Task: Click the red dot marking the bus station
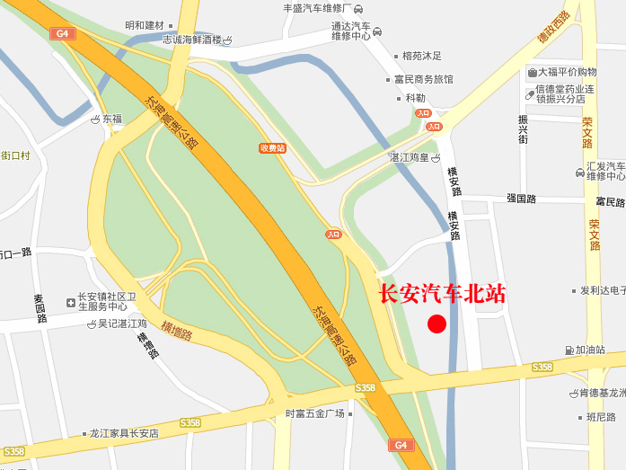tap(436, 324)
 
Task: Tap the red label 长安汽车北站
tap(443, 294)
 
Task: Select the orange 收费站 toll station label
tap(272, 147)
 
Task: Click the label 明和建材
tap(150, 25)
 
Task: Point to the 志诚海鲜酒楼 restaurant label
tap(191, 40)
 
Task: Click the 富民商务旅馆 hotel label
tap(424, 79)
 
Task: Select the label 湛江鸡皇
tap(410, 157)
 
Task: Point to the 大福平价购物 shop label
tap(568, 72)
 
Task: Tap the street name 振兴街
tap(523, 129)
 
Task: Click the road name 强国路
tap(521, 199)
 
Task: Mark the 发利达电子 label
tap(602, 290)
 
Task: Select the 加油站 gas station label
tap(590, 350)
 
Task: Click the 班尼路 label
tap(601, 416)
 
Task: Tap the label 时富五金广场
tap(315, 413)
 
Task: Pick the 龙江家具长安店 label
tap(123, 432)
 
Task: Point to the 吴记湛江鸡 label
tap(122, 324)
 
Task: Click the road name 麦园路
tap(40, 308)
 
